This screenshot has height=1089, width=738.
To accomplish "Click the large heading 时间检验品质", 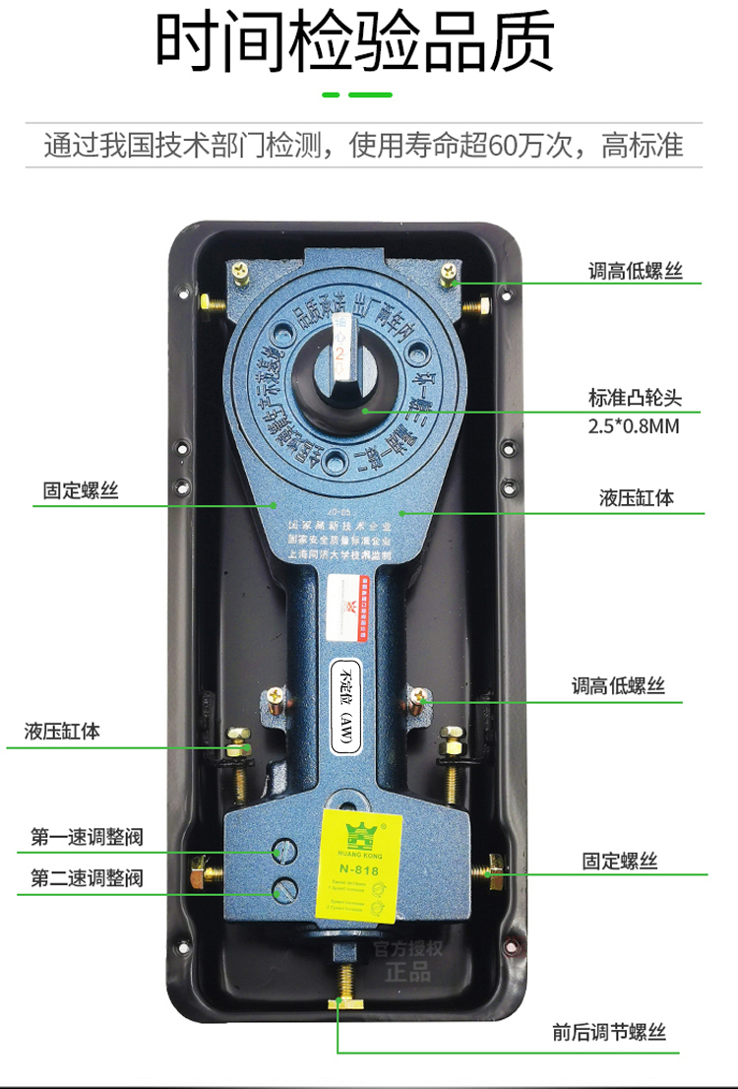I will coord(355,44).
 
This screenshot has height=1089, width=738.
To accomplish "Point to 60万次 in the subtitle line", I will coord(530,146).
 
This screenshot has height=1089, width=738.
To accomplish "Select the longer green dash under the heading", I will coord(372,96).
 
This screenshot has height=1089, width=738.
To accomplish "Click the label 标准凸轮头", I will coord(635,399).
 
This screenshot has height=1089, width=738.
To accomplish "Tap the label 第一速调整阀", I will coord(87,838).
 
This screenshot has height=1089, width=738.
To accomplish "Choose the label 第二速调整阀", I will coord(87,877).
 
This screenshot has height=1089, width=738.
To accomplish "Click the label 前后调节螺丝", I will coord(609,1033).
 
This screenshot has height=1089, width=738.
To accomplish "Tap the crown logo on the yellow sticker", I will coord(357,835).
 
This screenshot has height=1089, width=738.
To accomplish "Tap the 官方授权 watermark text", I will coord(407,950).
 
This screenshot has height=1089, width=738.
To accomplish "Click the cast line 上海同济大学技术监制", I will coord(339,555).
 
